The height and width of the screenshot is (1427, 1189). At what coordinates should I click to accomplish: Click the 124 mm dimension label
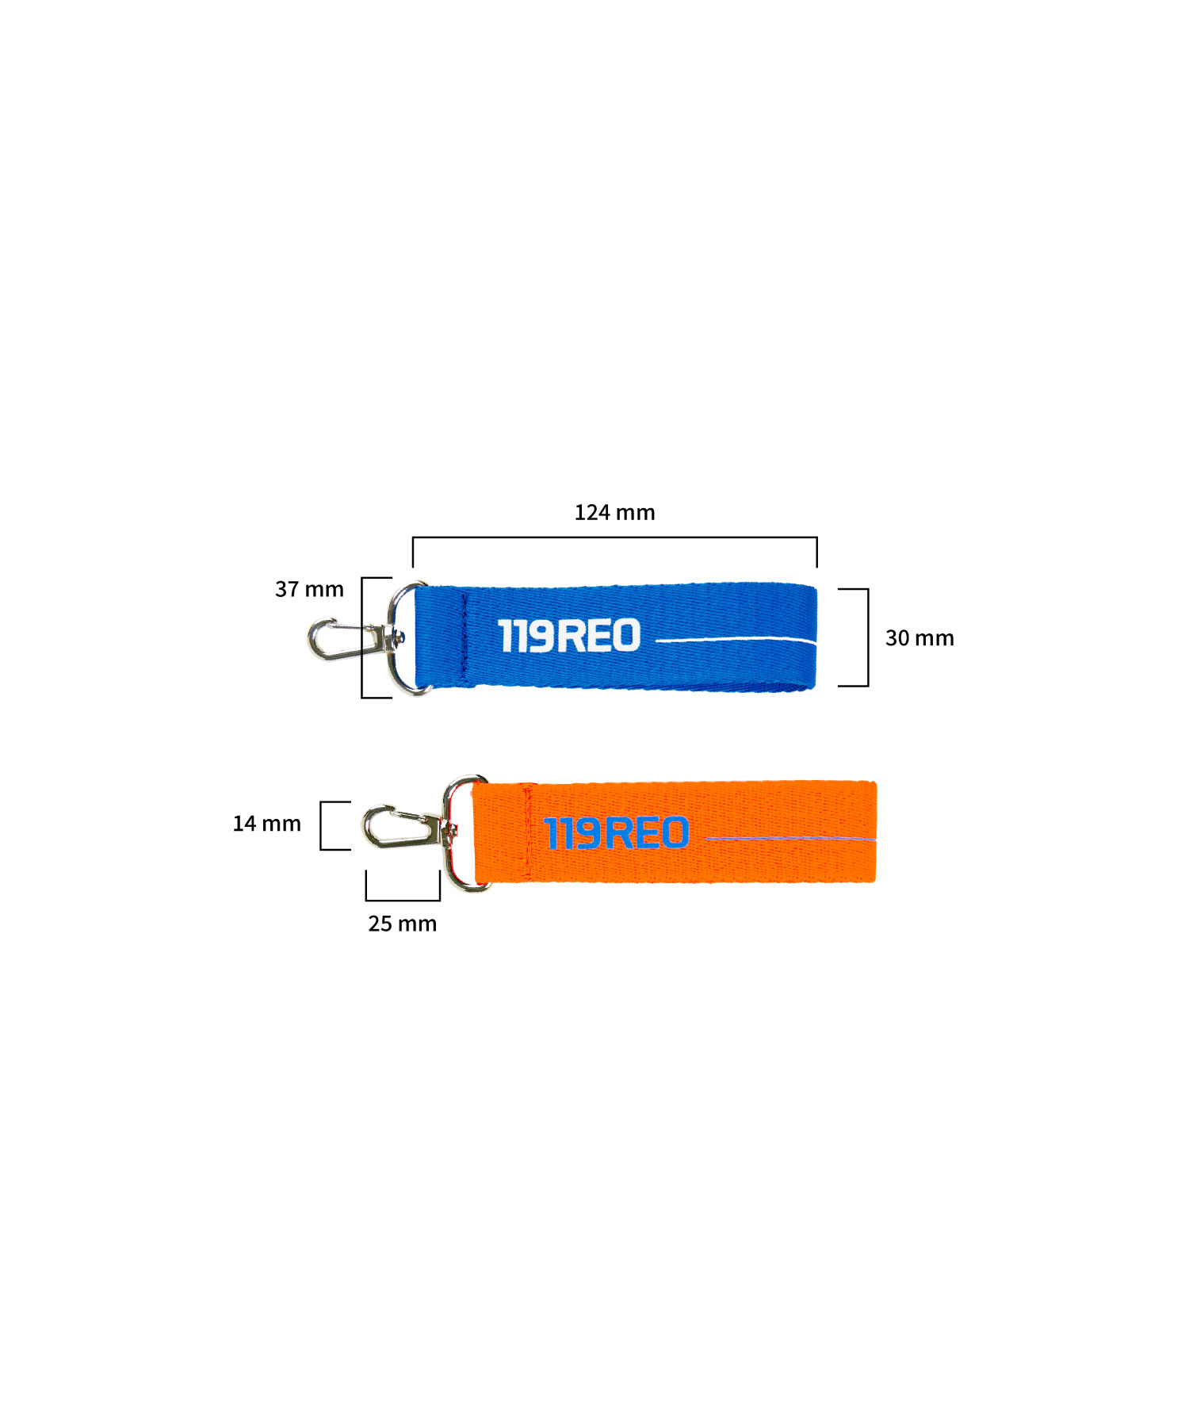(x=614, y=512)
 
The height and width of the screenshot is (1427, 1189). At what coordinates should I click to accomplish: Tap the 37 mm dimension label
(x=309, y=589)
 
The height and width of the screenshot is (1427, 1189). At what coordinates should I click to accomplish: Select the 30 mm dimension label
(x=919, y=638)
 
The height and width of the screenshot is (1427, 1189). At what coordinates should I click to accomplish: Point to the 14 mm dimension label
(x=266, y=824)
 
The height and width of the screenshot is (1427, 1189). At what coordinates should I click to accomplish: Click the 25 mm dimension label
(x=402, y=924)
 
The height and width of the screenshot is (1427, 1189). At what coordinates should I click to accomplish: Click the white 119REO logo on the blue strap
(x=569, y=636)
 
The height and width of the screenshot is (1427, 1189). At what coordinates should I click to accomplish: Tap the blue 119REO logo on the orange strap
(x=616, y=833)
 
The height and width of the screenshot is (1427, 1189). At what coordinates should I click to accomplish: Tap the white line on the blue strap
(x=736, y=639)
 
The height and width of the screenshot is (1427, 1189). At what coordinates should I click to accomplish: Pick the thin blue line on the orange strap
(x=790, y=838)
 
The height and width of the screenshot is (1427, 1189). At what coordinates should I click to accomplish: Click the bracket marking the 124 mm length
(x=614, y=538)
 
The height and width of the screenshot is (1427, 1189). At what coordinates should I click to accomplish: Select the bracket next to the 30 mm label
(x=868, y=637)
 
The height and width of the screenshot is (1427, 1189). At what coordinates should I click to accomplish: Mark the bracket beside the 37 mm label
(x=362, y=638)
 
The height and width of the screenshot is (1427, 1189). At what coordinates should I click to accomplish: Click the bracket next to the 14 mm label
(x=321, y=825)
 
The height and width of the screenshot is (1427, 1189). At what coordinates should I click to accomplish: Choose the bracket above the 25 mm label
(x=403, y=900)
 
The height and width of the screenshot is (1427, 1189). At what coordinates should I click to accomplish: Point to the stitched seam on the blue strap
(x=464, y=637)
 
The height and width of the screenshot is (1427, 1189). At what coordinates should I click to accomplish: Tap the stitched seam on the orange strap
(x=528, y=832)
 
